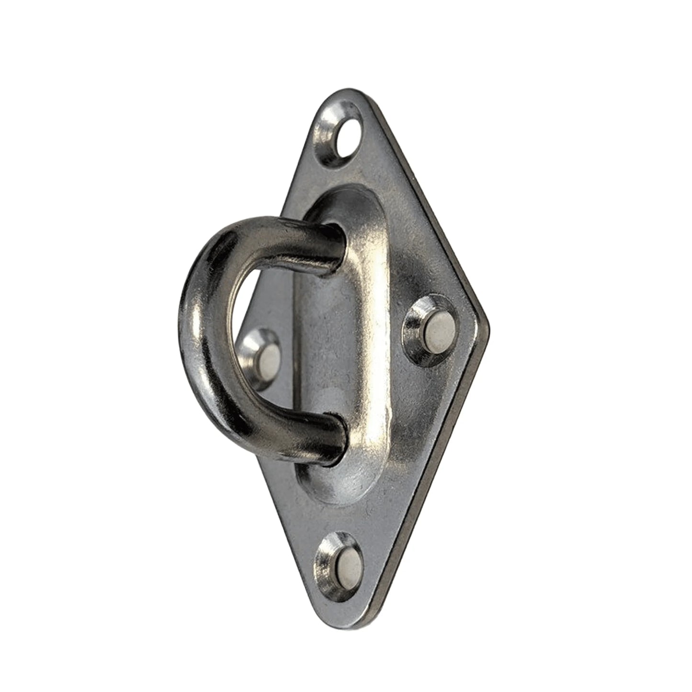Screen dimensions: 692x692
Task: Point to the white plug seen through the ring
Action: (x=271, y=360)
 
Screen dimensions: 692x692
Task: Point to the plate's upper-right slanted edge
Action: (x=426, y=201)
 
